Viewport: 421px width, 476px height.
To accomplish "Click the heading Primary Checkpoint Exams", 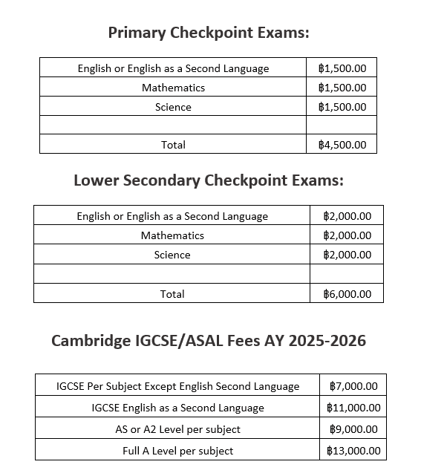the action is pyautogui.click(x=209, y=33).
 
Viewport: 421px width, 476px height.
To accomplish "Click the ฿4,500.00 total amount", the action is pyautogui.click(x=342, y=145).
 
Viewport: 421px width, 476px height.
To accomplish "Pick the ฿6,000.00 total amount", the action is pyautogui.click(x=347, y=294).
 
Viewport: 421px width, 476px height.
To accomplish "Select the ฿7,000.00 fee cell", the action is pyautogui.click(x=353, y=386).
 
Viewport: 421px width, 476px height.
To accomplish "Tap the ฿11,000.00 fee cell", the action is pyautogui.click(x=353, y=408).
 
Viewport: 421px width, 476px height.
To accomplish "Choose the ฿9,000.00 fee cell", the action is pyautogui.click(x=353, y=429).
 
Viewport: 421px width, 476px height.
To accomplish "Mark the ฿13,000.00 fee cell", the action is pyautogui.click(x=353, y=451).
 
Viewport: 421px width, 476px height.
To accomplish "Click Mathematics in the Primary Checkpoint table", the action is pyautogui.click(x=174, y=88).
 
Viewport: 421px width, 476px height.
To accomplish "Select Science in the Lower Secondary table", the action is pyautogui.click(x=172, y=255).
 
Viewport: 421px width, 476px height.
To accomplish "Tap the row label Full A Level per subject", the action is pyautogui.click(x=178, y=451).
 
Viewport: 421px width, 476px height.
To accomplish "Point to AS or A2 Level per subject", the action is pyautogui.click(x=178, y=429).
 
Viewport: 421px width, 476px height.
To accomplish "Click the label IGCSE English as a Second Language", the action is pyautogui.click(x=178, y=408).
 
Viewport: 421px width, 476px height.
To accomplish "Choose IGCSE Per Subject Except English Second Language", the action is pyautogui.click(x=178, y=386).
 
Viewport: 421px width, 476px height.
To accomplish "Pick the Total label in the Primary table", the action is pyautogui.click(x=174, y=145).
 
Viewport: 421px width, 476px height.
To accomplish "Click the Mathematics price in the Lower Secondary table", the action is pyautogui.click(x=347, y=235).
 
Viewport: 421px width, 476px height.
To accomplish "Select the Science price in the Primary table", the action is pyautogui.click(x=342, y=107).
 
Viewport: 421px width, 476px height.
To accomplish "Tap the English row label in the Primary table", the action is pyautogui.click(x=174, y=68).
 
